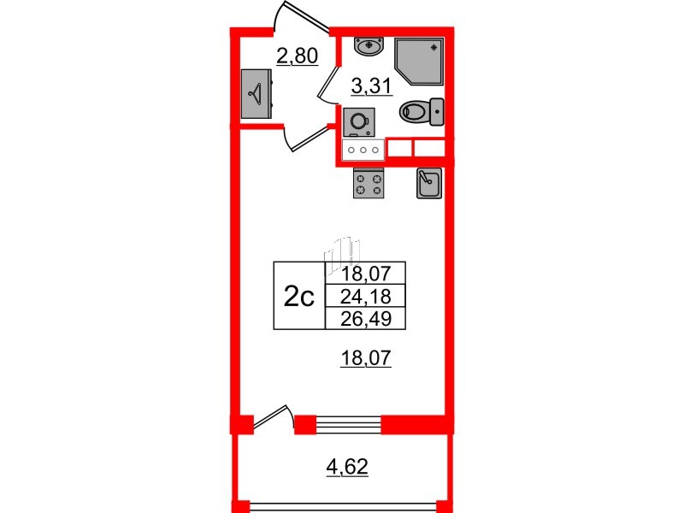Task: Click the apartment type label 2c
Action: [298, 298]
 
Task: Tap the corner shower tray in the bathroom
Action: [420, 62]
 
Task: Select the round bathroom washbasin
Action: [369, 44]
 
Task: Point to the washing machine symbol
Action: [357, 122]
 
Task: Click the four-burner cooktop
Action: [369, 184]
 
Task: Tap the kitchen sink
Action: [428, 183]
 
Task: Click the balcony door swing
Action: [274, 418]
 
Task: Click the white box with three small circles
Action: [363, 150]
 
